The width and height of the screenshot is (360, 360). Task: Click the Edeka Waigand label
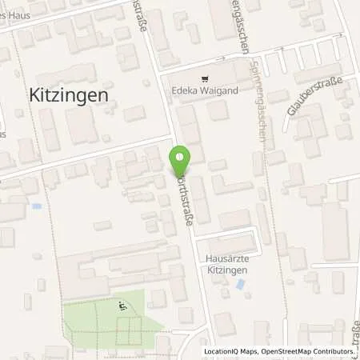pyautogui.click(x=206, y=90)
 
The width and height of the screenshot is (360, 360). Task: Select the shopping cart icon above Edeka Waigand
pyautogui.click(x=206, y=79)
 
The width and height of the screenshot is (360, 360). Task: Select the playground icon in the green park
pyautogui.click(x=122, y=305)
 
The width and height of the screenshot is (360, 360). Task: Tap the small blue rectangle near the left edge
pyautogui.click(x=36, y=206)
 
